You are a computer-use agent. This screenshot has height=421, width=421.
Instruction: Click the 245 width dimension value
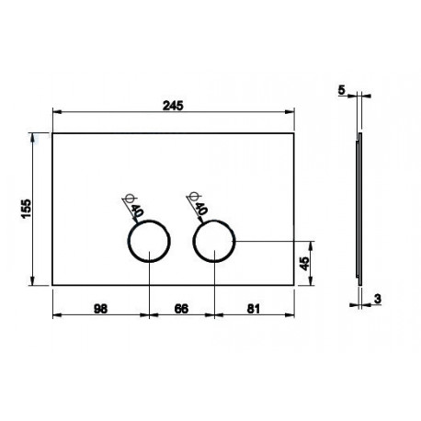[173, 106]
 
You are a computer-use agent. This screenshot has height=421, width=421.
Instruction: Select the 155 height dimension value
[27, 209]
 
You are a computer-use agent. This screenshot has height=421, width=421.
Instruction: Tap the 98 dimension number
[100, 309]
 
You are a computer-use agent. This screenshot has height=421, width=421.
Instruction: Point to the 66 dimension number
[181, 309]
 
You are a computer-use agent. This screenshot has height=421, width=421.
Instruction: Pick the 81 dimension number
[254, 309]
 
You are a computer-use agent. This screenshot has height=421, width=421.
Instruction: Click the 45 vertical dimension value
[304, 264]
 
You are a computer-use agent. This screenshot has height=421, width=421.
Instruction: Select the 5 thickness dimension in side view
[342, 90]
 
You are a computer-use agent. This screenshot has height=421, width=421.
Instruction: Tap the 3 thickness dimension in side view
[378, 299]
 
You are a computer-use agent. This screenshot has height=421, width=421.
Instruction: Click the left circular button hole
[149, 221]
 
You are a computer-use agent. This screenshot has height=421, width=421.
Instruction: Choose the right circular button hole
[214, 221]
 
